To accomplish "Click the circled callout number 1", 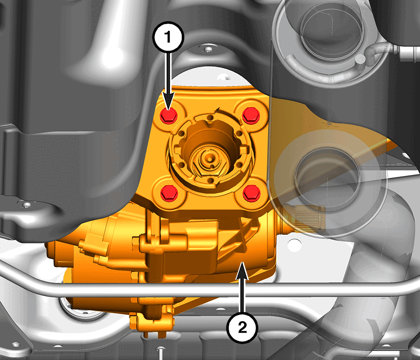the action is tap(168, 37).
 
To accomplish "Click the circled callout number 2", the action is tap(242, 327).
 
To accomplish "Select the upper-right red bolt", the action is tap(251, 115).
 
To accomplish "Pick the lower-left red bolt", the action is tap(169, 192).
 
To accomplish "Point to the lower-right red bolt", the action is tap(252, 192).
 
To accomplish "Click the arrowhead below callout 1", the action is tap(168, 101).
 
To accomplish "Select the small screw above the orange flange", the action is tap(208, 49).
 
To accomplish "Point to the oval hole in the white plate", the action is tap(294, 245).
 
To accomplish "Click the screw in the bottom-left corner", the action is tap(16, 344).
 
